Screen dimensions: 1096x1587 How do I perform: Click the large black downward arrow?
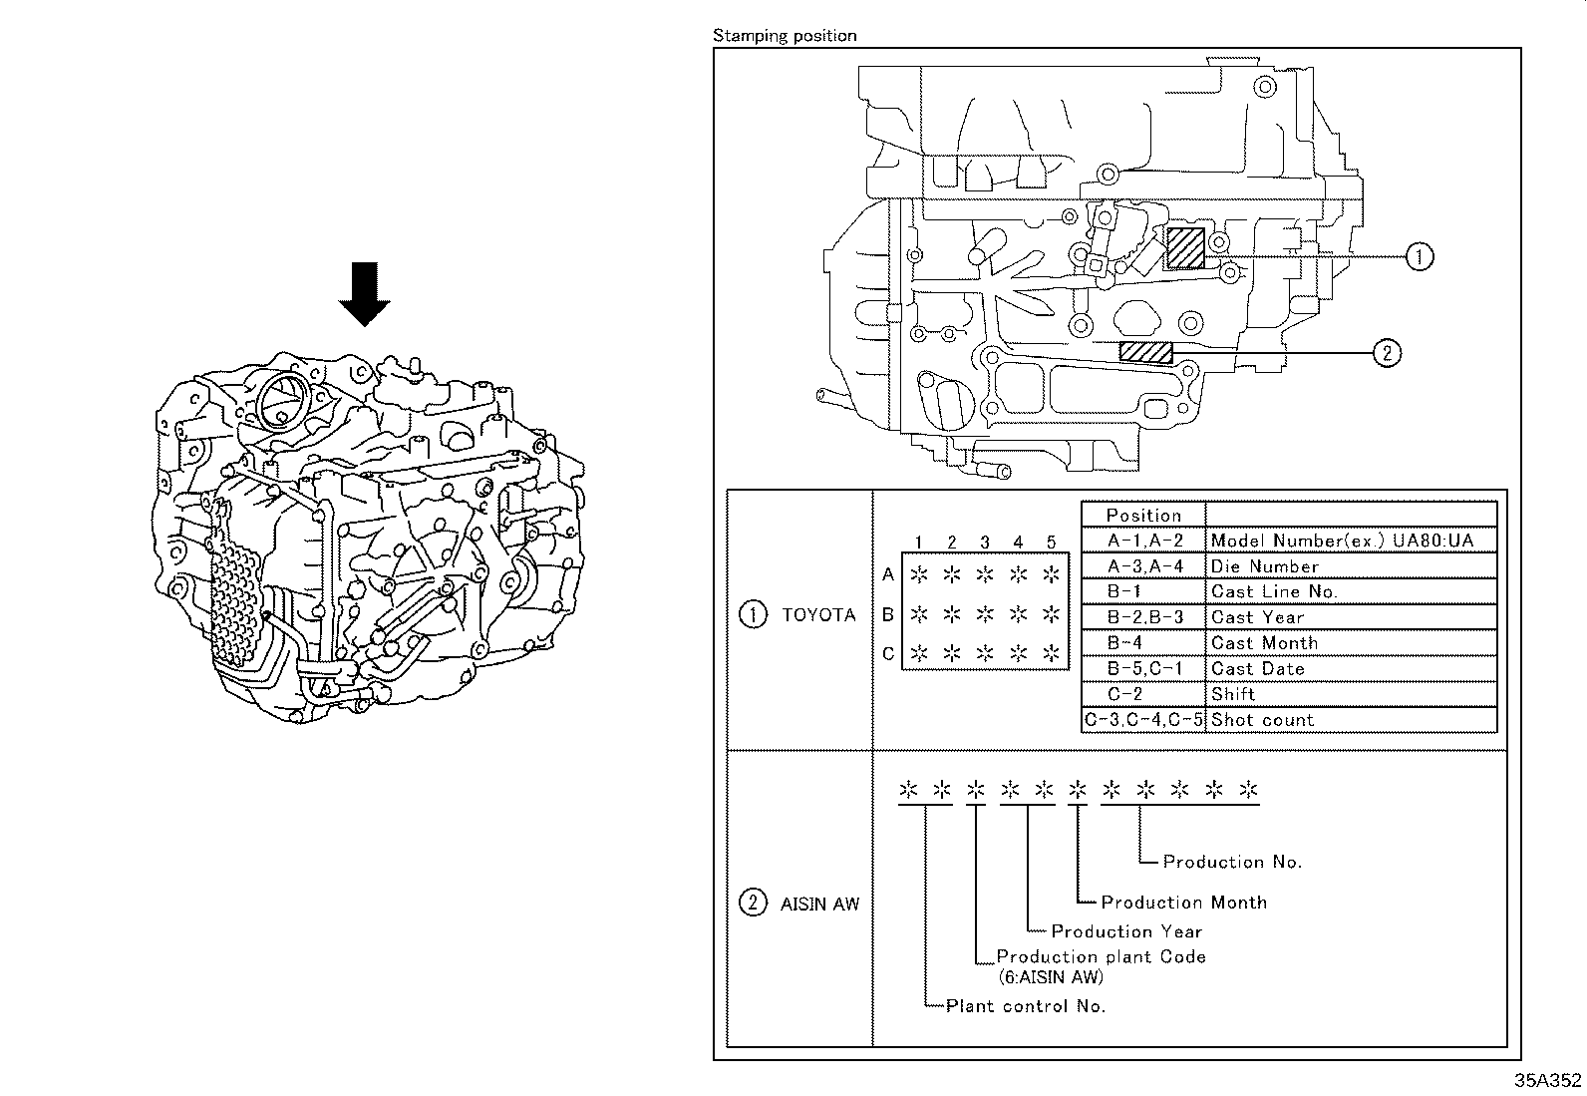coord(364,293)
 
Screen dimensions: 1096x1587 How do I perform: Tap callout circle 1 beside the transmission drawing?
coord(1420,256)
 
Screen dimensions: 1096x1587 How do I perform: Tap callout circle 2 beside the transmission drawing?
coord(1387,352)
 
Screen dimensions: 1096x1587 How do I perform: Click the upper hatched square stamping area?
coord(1185,247)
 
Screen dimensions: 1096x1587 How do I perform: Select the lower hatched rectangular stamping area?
coord(1145,351)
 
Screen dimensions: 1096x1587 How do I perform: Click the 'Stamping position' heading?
coord(785,36)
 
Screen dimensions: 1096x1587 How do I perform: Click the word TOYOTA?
coord(818,615)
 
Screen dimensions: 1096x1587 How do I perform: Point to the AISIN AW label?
coord(819,905)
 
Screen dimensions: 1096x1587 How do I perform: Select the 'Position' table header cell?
coord(1143,516)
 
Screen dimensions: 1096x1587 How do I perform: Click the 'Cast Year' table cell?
coord(1257,617)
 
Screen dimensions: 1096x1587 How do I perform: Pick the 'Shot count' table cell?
coord(1262,720)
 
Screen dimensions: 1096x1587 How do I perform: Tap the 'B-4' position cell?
coord(1124,643)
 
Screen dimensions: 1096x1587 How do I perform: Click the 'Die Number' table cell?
coord(1264,566)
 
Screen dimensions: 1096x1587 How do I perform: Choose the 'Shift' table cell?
coord(1233,694)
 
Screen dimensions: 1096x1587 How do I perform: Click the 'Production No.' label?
coord(1232,862)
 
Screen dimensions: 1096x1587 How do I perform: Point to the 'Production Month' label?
coord(1183,903)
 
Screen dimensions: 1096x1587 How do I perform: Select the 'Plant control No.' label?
coord(1026,1006)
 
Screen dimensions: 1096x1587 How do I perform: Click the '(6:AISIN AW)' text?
coord(1050,977)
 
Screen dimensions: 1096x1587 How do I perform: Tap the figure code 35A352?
coord(1548,1080)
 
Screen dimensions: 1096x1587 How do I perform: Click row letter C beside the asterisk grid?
coord(888,654)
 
